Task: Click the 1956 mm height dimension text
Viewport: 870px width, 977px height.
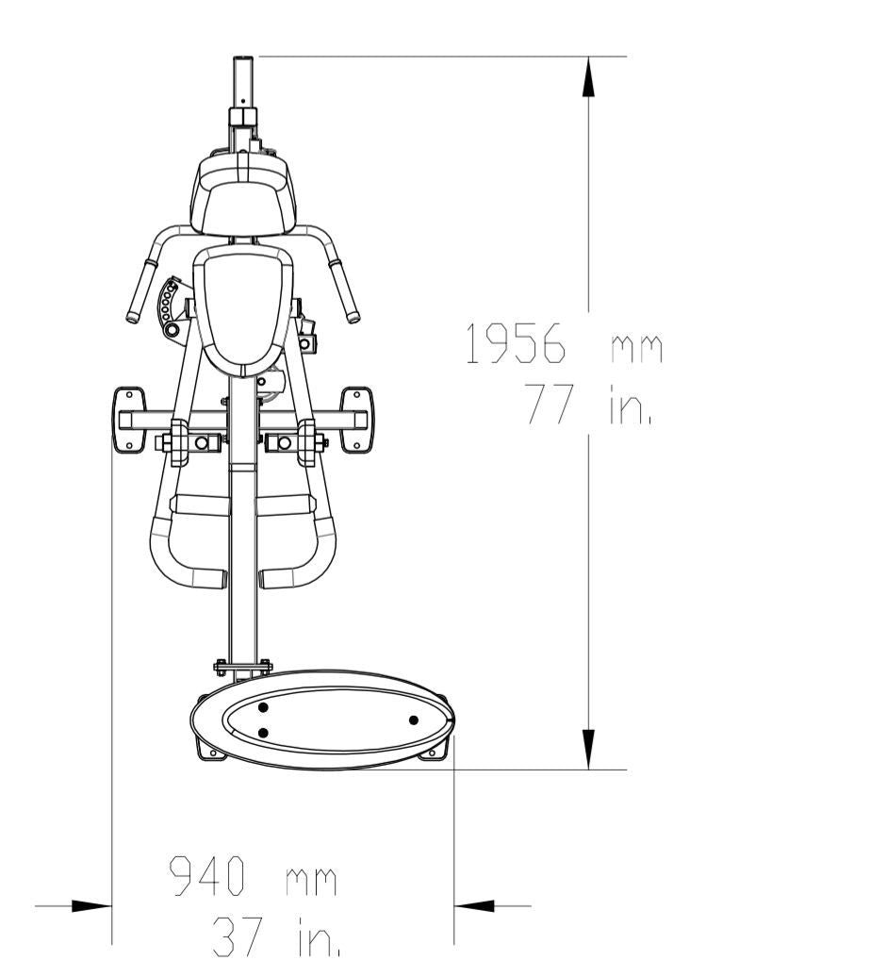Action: (565, 343)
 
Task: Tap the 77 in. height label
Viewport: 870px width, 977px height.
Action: (588, 405)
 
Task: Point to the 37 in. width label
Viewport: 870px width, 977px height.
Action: (276, 936)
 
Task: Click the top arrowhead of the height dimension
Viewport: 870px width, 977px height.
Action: (588, 76)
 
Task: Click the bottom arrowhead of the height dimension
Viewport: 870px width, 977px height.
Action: (588, 749)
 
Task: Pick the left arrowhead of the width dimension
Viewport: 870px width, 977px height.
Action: (91, 906)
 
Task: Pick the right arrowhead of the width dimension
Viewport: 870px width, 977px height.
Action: (474, 906)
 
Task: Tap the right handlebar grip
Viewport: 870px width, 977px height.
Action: (344, 291)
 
